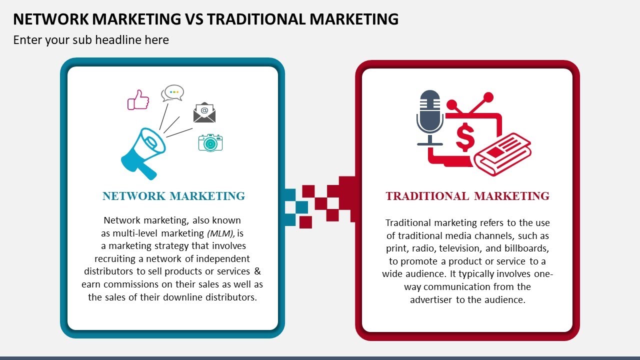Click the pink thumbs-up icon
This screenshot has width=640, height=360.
138,99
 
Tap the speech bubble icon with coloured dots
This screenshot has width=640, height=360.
172,93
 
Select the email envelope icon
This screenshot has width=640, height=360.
204,113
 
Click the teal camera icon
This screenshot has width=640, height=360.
210,142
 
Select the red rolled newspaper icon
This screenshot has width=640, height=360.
502,153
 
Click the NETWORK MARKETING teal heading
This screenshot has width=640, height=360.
173,196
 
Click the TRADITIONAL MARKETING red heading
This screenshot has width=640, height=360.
467,196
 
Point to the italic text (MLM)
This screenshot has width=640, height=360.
220,233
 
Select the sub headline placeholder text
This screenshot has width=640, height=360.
91,40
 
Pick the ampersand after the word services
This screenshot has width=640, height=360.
257,271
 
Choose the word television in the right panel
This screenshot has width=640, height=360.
459,248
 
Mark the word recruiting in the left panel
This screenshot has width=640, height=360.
115,258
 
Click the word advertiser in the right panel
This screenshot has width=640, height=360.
431,300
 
